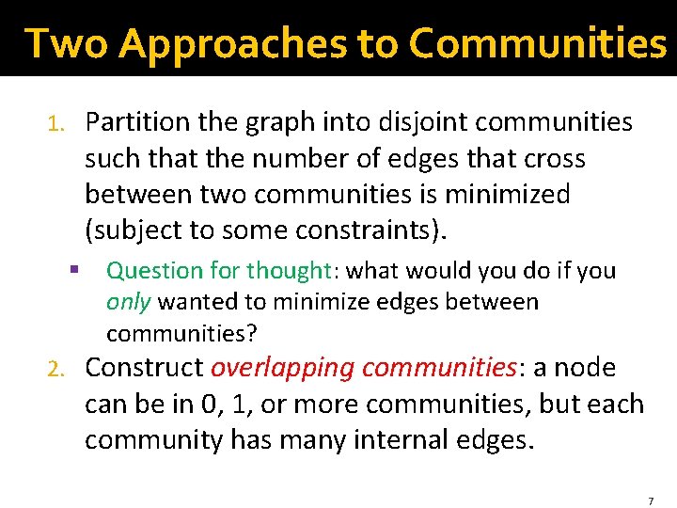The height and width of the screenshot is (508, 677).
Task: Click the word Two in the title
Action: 66,42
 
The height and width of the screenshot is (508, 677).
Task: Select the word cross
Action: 555,159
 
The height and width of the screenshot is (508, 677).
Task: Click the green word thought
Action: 289,271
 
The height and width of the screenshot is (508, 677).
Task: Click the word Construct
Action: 145,368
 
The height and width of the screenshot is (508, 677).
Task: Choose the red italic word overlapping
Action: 283,368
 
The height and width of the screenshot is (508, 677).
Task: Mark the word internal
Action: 402,440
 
